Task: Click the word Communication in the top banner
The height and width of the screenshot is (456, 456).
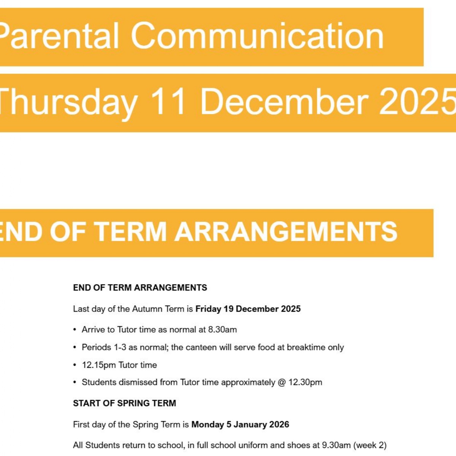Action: [257, 36]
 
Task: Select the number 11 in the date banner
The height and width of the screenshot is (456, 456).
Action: [168, 102]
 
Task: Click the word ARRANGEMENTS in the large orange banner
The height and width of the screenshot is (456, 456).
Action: [286, 231]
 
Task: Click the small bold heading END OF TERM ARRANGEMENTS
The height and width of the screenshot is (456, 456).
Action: [140, 288]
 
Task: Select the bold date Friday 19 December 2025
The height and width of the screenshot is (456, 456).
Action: [248, 309]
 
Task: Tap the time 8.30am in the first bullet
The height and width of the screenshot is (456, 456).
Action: [222, 330]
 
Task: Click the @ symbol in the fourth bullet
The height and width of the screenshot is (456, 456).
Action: [282, 382]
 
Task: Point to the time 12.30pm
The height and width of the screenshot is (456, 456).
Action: [305, 382]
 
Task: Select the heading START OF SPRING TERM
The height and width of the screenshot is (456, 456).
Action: [124, 403]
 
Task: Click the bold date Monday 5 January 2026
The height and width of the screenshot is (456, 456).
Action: [240, 424]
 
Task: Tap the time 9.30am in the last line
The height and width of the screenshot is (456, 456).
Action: [336, 445]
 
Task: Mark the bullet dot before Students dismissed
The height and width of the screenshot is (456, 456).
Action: [75, 382]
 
